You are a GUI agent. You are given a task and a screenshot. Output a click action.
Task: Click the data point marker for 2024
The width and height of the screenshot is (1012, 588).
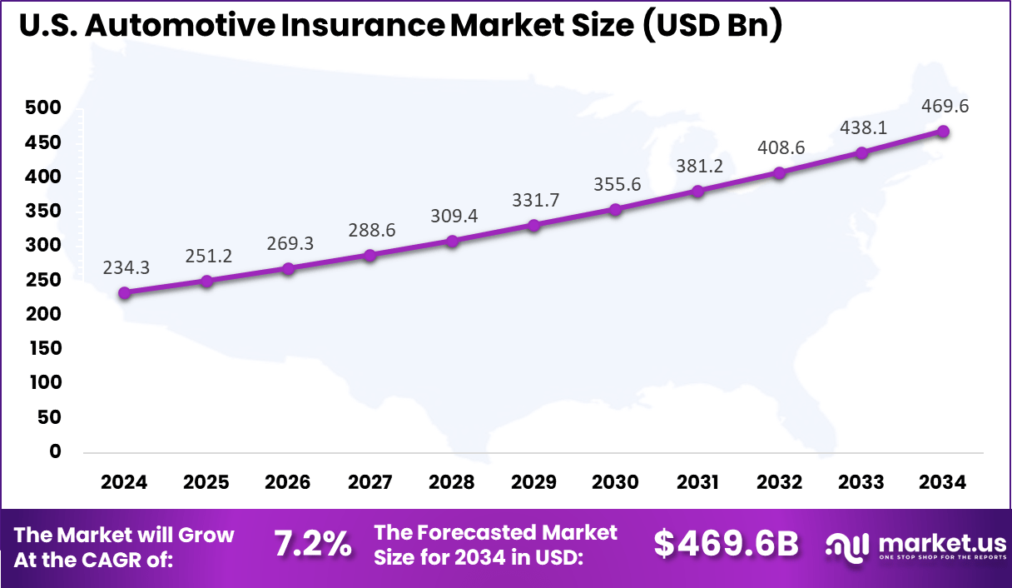(x=125, y=293)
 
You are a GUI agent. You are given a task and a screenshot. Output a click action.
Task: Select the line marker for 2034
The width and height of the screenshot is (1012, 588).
(x=943, y=132)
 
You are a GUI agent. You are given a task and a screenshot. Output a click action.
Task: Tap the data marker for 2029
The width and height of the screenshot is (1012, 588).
(x=533, y=226)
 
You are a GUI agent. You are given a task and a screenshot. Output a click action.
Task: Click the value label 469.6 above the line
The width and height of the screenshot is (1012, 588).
(x=945, y=107)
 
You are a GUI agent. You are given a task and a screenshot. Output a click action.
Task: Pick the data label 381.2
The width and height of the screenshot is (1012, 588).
(x=698, y=166)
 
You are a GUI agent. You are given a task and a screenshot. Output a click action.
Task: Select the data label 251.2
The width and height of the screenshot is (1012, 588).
(x=206, y=256)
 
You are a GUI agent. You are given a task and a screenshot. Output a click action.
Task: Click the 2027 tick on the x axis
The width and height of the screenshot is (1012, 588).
(x=370, y=483)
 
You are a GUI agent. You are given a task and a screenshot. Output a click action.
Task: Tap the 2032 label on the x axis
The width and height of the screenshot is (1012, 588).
(x=780, y=483)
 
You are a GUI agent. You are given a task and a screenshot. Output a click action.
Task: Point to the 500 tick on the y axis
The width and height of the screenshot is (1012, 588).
(x=42, y=108)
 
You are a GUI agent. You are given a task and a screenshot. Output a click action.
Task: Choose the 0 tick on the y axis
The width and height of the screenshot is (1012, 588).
(x=55, y=451)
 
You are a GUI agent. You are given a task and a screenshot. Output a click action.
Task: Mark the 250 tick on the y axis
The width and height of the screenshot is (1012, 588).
(x=42, y=280)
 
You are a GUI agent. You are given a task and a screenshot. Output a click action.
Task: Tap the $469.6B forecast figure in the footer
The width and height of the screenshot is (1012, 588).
(x=726, y=544)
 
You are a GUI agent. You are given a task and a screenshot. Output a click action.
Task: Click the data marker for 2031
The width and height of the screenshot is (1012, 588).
(x=697, y=191)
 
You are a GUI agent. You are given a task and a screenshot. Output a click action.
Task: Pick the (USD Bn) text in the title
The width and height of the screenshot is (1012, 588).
(x=712, y=26)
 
